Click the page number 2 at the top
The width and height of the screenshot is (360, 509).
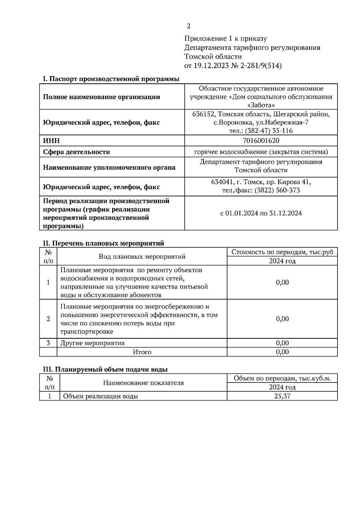[x=188, y=26]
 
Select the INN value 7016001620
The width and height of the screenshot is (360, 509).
[x=261, y=141]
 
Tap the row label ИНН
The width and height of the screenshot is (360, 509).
[x=51, y=141]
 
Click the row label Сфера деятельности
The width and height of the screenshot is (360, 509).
[x=76, y=152]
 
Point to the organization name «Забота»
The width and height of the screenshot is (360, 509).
[x=261, y=105]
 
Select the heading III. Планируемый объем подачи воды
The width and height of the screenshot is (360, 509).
[x=105, y=369]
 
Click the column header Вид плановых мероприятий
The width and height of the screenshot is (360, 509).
[x=142, y=257]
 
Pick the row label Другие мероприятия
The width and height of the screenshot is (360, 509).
[x=92, y=343]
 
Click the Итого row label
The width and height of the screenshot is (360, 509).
[x=142, y=352]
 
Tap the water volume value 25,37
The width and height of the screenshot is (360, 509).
[x=282, y=396]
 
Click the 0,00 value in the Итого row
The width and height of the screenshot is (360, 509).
[x=282, y=352]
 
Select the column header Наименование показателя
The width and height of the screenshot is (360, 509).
[x=143, y=383]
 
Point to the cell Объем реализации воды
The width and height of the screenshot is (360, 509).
[x=100, y=396]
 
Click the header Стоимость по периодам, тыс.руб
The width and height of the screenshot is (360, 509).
[x=282, y=252]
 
